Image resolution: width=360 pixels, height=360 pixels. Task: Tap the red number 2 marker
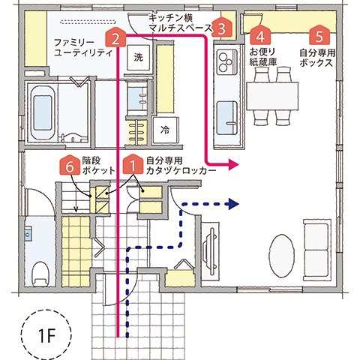[x=115, y=36]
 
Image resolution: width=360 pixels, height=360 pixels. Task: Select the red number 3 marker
[x=222, y=28]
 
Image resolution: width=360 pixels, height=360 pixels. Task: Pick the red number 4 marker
[x=260, y=35]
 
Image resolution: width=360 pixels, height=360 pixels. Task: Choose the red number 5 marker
[x=320, y=35]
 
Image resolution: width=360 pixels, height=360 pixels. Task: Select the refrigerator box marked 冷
[x=164, y=129]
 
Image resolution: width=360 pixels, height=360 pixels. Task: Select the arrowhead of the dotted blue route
[x=233, y=203]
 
